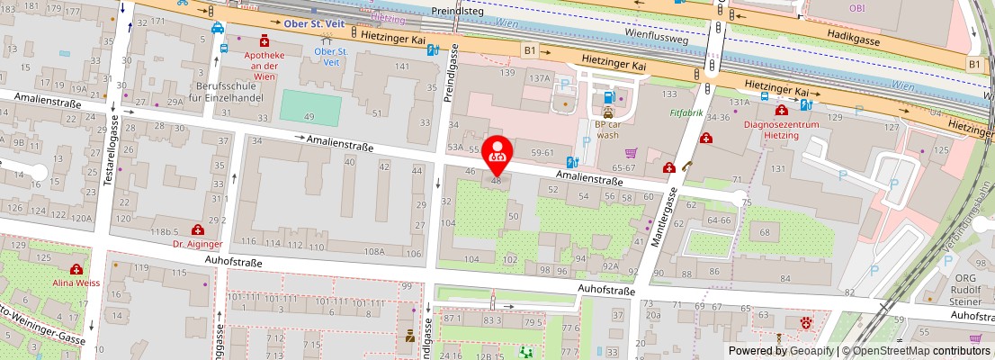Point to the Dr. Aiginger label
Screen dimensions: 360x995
point(197,242)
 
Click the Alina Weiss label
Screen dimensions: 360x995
point(77,281)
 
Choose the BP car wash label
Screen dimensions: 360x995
point(607,130)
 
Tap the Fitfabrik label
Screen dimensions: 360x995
point(686,114)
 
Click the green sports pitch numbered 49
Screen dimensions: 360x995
point(310,108)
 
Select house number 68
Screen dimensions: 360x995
point(766,233)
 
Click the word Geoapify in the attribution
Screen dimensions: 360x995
point(811,351)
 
